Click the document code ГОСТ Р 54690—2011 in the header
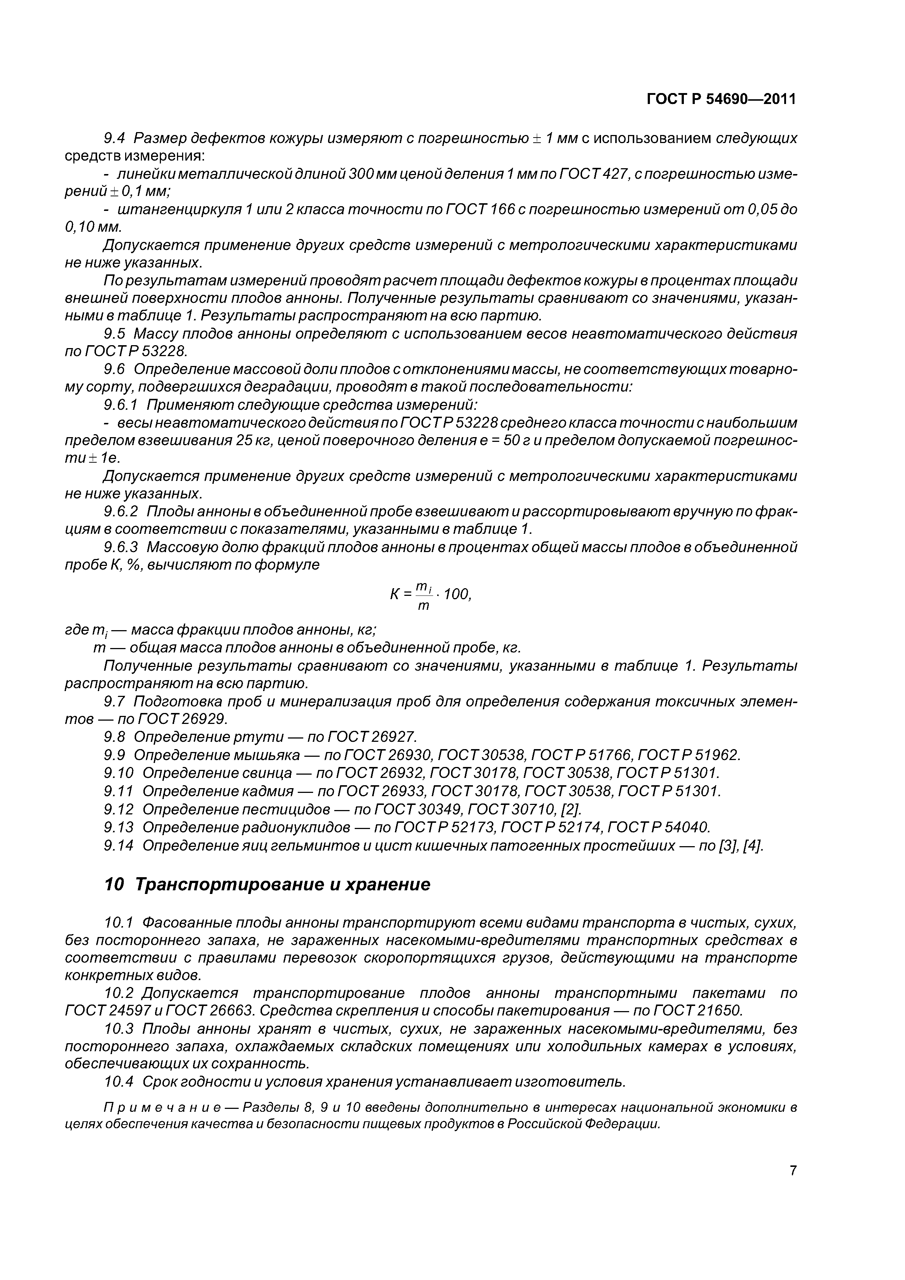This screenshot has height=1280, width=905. point(721,99)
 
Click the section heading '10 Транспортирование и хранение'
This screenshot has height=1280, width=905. point(267,885)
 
